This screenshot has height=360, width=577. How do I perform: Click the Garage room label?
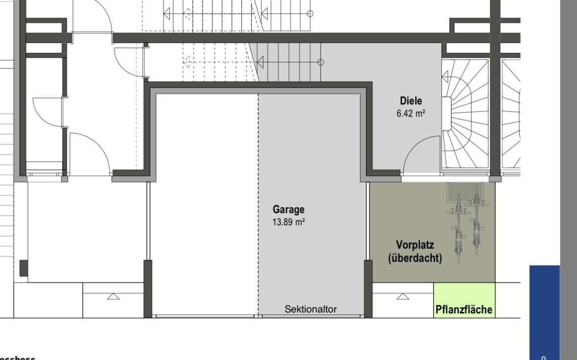coord(288,210)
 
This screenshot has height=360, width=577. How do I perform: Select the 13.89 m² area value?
coord(289,222)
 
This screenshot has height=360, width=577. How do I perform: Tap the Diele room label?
coord(411,101)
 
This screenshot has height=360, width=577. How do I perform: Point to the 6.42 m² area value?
coord(411,114)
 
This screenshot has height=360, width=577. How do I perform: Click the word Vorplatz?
coord(415,245)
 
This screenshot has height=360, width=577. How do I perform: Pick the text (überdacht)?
coord(415,258)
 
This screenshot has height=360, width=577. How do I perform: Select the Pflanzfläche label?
coord(464,310)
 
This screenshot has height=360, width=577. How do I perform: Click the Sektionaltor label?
coord(311,309)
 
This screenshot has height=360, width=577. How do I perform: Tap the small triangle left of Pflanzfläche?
coord(403,296)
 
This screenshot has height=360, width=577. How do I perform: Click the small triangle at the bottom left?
coord(113,296)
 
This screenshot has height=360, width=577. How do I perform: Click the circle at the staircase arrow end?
coord(321,62)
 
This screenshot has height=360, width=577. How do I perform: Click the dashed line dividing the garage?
coord(258,206)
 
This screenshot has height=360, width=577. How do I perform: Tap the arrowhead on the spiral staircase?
coord(445,77)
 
